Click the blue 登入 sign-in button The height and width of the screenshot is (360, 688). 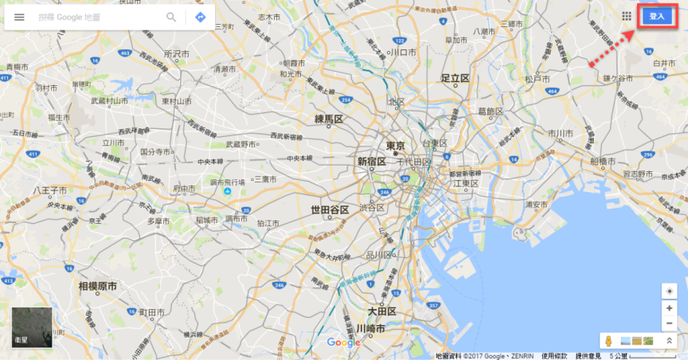click(x=656, y=16)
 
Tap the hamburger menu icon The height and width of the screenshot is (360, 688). click(x=20, y=17)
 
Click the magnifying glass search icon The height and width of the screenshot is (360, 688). click(x=171, y=17)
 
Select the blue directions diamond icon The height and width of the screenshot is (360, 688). click(x=200, y=17)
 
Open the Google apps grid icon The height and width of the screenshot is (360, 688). click(x=627, y=16)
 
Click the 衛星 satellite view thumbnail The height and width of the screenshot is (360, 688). click(x=32, y=327)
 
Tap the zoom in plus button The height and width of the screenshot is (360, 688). click(x=669, y=307)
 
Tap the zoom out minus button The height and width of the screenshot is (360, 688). click(x=669, y=323)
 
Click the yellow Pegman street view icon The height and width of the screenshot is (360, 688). click(x=608, y=341)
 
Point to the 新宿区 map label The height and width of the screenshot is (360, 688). click(x=371, y=162)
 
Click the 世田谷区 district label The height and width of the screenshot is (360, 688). click(x=330, y=209)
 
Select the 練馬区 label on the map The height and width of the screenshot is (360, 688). click(x=328, y=119)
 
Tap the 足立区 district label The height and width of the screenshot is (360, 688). click(x=455, y=78)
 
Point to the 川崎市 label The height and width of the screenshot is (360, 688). click(x=371, y=328)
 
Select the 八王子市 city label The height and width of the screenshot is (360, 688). click(x=49, y=191)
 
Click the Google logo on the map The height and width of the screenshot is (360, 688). click(x=344, y=342)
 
